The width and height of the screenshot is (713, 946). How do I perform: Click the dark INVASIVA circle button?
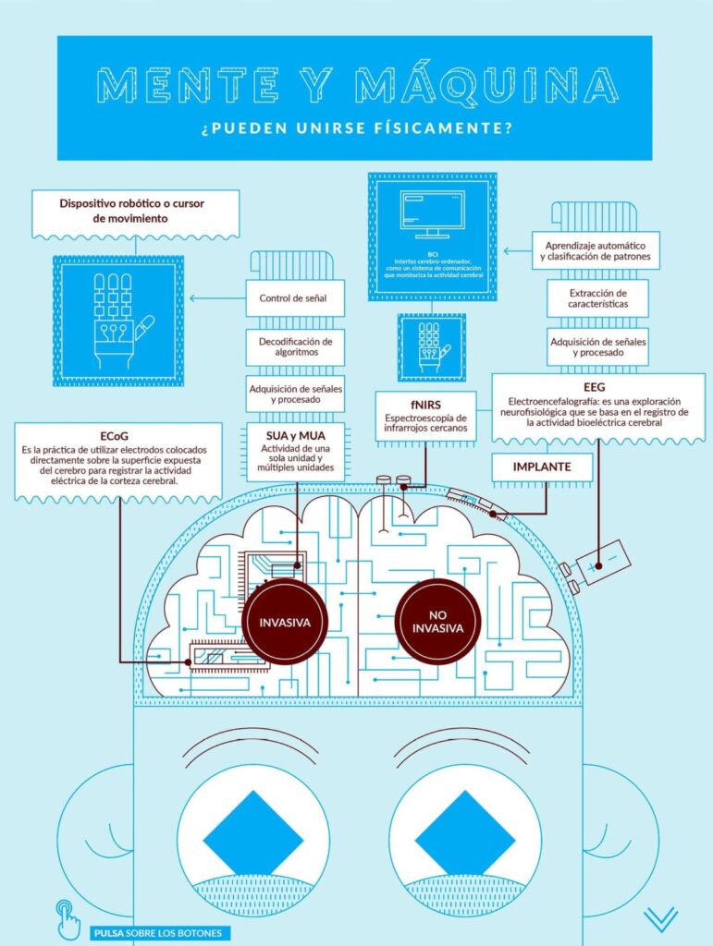tap(285, 622)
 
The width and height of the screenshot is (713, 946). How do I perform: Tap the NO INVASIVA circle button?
tap(438, 621)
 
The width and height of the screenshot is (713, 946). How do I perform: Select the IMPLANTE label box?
tap(542, 467)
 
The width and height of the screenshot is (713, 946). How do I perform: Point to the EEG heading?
tap(594, 387)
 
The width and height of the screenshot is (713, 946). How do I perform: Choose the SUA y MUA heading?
tap(295, 435)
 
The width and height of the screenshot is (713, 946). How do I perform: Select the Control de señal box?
tap(296, 298)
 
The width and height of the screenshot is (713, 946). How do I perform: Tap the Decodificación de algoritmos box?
tap(296, 346)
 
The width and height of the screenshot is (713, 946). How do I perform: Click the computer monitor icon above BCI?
tap(432, 213)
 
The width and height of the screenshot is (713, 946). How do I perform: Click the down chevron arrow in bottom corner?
tap(661, 918)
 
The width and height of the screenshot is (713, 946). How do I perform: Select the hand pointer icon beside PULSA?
tap(68, 920)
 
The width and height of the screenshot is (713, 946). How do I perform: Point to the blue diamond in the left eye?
tap(252, 832)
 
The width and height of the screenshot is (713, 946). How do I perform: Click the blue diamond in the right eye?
tap(464, 832)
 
